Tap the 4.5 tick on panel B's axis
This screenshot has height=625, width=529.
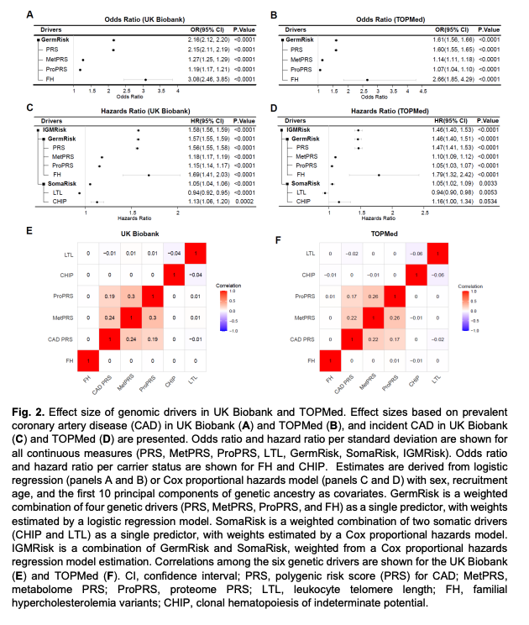click(x=410, y=90)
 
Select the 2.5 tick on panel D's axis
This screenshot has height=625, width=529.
click(x=425, y=213)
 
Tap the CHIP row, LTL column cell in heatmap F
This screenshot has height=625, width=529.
click(x=436, y=275)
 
